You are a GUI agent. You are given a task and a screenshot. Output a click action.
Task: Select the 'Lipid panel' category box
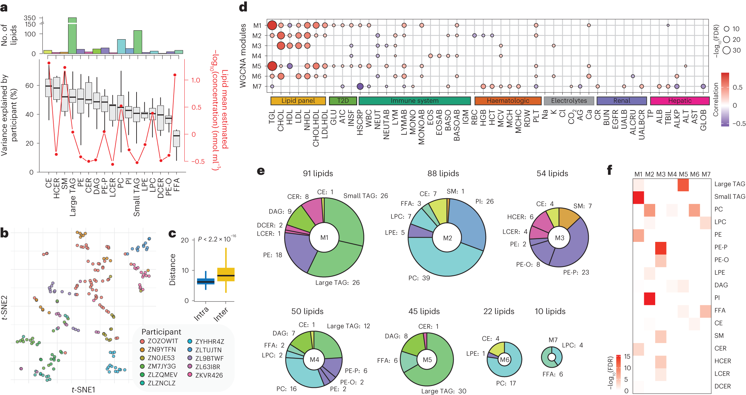(298, 101)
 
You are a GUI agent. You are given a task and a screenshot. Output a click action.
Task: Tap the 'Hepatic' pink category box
(680, 101)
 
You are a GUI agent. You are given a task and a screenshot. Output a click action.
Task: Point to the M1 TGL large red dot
(272, 25)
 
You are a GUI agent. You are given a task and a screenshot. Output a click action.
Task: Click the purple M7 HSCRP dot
(360, 86)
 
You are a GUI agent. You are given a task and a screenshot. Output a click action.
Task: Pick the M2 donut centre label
(447, 238)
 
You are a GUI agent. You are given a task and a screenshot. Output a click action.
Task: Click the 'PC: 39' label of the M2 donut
(419, 278)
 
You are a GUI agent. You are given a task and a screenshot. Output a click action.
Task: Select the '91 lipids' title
(318, 173)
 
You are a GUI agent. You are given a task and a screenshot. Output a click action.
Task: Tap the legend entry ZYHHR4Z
(209, 342)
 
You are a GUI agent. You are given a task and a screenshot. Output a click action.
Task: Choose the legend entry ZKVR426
(208, 375)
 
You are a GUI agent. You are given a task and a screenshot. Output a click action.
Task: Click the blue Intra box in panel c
(206, 281)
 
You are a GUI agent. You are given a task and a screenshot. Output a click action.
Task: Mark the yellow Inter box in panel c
(226, 275)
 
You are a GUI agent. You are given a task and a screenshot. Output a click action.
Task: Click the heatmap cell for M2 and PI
(649, 298)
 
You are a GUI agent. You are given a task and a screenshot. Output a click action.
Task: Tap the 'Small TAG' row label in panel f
(729, 196)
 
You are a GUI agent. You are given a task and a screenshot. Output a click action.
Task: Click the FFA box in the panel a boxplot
(176, 139)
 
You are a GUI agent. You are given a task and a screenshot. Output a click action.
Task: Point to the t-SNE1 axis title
(84, 389)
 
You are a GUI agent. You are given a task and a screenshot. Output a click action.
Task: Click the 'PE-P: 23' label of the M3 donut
(576, 273)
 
